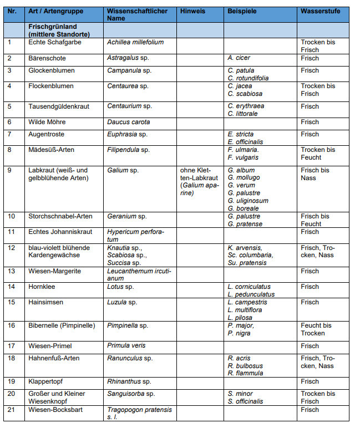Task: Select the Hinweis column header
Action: [x=192, y=11]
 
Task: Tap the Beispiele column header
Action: [x=241, y=11]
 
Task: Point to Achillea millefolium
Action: [x=135, y=42]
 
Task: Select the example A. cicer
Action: [x=239, y=58]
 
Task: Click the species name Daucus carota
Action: [x=128, y=122]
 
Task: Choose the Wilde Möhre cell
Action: [x=47, y=122]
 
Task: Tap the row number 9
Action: [x=9, y=170]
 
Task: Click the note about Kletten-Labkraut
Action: [x=199, y=181]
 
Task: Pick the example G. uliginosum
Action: [x=248, y=201]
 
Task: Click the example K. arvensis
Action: [x=245, y=248]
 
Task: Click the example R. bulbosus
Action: [x=245, y=366]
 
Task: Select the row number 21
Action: [x=11, y=410]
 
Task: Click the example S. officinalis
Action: [x=245, y=401]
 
